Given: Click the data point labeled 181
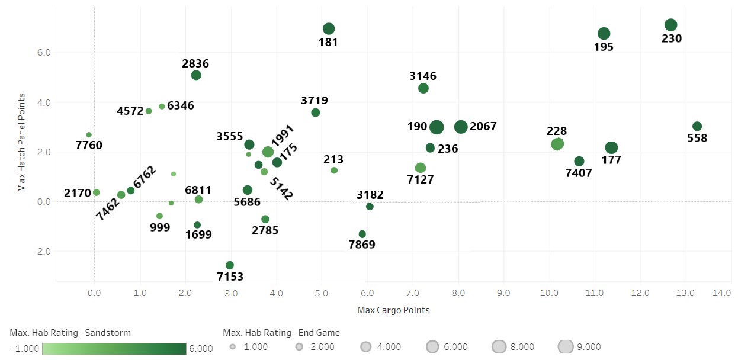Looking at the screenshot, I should pyautogui.click(x=329, y=29).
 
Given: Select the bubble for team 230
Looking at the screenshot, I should pyautogui.click(x=670, y=25).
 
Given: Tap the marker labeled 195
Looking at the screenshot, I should pyautogui.click(x=604, y=34).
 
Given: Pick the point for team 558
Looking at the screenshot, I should pyautogui.click(x=697, y=127).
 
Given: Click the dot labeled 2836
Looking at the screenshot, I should pyautogui.click(x=196, y=75).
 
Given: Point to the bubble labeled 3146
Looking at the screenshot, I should pyautogui.click(x=423, y=88).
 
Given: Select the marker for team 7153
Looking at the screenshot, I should pyautogui.click(x=230, y=265).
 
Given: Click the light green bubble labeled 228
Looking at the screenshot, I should pyautogui.click(x=557, y=144).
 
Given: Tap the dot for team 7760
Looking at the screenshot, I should pyautogui.click(x=89, y=135).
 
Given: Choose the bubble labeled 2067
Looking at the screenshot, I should pyautogui.click(x=461, y=127).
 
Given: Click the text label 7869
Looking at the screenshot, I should pyautogui.click(x=362, y=245).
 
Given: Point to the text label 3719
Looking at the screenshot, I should pyautogui.click(x=314, y=101).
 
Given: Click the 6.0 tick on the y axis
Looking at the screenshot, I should pyautogui.click(x=44, y=53).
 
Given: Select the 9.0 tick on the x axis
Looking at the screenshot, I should pyautogui.click(x=503, y=293).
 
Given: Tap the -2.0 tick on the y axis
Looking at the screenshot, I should pyautogui.click(x=43, y=252).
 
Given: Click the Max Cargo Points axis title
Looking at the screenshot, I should pyautogui.click(x=393, y=310).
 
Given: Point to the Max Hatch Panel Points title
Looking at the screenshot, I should pyautogui.click(x=22, y=142).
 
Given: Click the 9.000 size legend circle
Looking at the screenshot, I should pyautogui.click(x=566, y=347).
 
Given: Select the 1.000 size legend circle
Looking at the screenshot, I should pyautogui.click(x=233, y=347).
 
